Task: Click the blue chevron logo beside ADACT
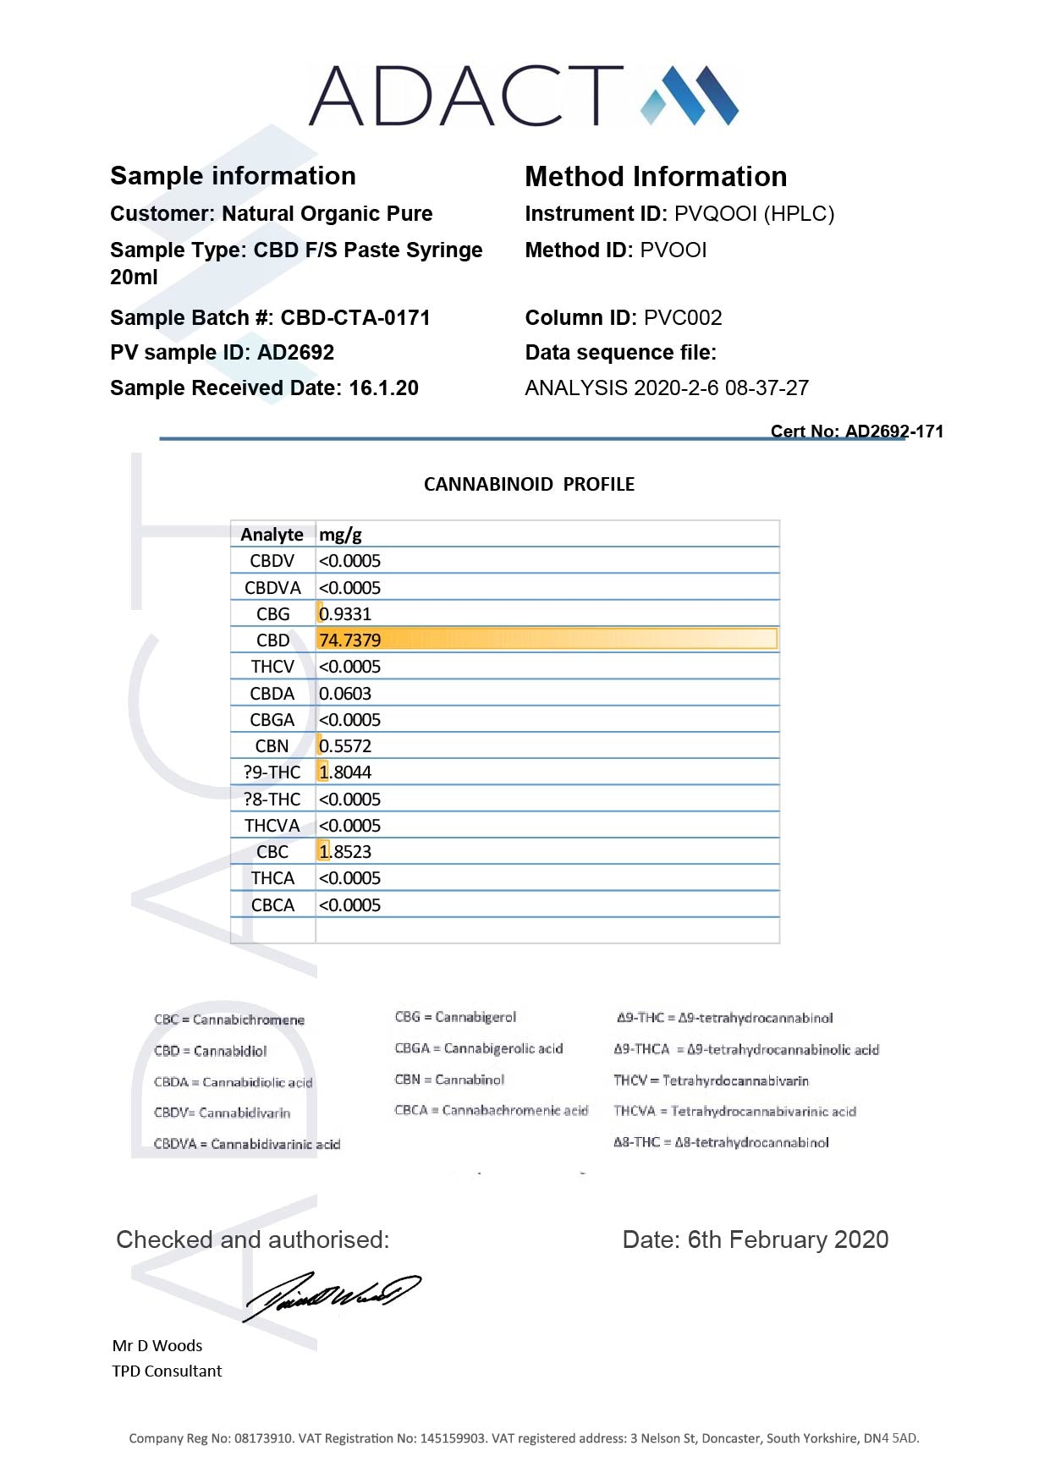pos(690,95)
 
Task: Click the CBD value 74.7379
pos(350,640)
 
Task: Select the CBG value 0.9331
pos(345,614)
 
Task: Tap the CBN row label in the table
pos(272,746)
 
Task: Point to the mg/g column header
pos(340,535)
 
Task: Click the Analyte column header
pos(272,535)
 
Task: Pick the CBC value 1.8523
pos(345,852)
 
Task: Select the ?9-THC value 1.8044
pos(345,772)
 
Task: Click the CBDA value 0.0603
pos(345,694)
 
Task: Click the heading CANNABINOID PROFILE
pos(529,485)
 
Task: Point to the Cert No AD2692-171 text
pos(856,431)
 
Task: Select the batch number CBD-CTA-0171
pos(355,318)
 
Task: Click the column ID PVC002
pos(683,318)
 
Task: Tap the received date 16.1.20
pos(383,388)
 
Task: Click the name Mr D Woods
pos(157,1346)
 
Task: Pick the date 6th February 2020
pos(788,1240)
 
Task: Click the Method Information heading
pos(656,177)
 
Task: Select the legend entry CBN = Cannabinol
pos(449,1080)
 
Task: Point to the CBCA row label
pos(272,905)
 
